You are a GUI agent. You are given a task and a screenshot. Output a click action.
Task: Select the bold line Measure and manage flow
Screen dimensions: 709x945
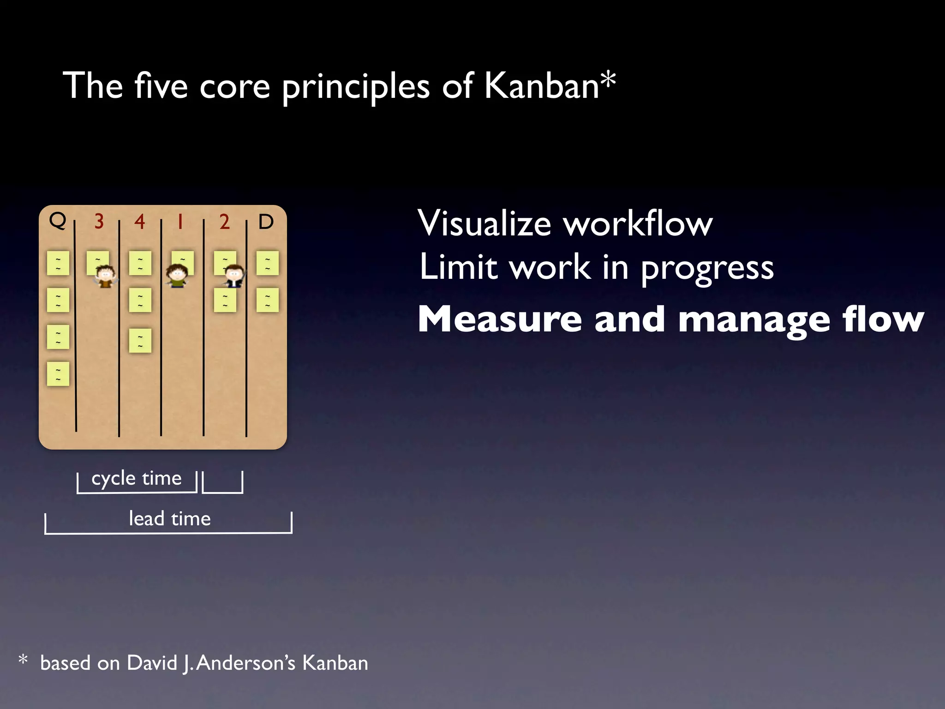pyautogui.click(x=670, y=319)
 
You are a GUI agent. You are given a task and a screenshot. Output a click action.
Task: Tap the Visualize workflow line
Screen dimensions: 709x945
pyautogui.click(x=565, y=224)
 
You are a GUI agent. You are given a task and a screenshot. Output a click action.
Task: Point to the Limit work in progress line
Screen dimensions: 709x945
pyautogui.click(x=596, y=268)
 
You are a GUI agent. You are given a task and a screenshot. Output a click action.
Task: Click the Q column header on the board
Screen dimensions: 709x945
pyautogui.click(x=58, y=221)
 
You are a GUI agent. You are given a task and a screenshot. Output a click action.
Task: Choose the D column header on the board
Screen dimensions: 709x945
pyautogui.click(x=266, y=222)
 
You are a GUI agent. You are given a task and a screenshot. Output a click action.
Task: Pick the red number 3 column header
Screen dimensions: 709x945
pyautogui.click(x=99, y=222)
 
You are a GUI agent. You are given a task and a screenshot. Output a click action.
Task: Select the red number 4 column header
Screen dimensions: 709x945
pyautogui.click(x=139, y=222)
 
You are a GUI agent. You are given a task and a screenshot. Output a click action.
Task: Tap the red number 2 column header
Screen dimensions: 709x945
pyautogui.click(x=224, y=222)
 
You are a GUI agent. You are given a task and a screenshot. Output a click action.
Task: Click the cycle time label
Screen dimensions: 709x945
pyautogui.click(x=137, y=478)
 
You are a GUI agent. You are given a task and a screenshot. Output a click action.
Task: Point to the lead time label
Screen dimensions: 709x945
pyautogui.click(x=170, y=519)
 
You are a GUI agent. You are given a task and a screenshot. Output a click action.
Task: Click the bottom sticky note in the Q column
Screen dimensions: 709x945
pyautogui.click(x=58, y=374)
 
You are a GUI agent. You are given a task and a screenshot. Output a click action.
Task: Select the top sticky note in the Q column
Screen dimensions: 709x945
pyautogui.click(x=58, y=263)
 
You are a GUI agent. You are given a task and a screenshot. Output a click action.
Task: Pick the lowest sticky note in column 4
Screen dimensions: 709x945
pyautogui.click(x=140, y=341)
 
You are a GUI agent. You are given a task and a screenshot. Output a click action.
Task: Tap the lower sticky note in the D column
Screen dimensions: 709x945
pyautogui.click(x=268, y=300)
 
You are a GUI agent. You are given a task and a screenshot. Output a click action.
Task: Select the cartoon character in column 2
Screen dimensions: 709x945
pyautogui.click(x=234, y=276)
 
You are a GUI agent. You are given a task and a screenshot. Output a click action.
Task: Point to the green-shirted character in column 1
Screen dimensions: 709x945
pyautogui.click(x=176, y=276)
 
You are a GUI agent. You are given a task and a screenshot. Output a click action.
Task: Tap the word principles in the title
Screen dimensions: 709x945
pyautogui.click(x=356, y=87)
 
